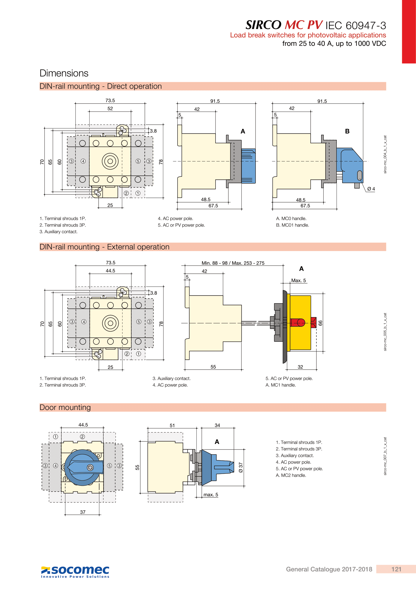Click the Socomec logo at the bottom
pos(75,572)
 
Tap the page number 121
pos(396,569)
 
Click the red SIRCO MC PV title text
pos(304,25)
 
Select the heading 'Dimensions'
pos(64,73)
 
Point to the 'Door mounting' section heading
pos(65,407)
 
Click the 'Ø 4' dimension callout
pos(371,189)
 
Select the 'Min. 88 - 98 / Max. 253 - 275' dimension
pos(233,263)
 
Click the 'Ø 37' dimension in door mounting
pos(240,467)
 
